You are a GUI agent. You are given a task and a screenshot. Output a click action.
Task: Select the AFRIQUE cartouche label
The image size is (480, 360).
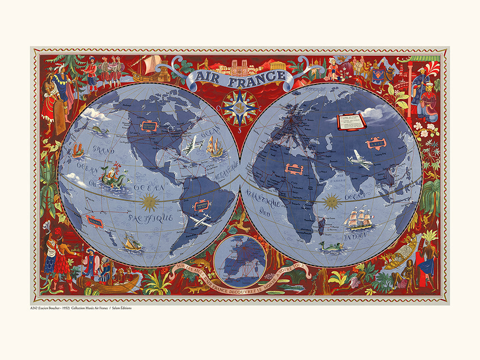click(293, 168)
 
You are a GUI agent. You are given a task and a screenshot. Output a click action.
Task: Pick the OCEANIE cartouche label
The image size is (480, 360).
click(95, 221)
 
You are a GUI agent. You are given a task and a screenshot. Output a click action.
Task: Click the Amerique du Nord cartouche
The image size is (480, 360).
click(147, 126)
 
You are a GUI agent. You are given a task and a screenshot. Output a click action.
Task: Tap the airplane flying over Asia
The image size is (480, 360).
click(360, 160)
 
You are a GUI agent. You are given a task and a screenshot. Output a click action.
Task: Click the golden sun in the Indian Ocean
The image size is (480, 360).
click(332, 202)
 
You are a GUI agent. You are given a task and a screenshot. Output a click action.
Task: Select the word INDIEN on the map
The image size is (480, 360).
click(356, 236)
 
